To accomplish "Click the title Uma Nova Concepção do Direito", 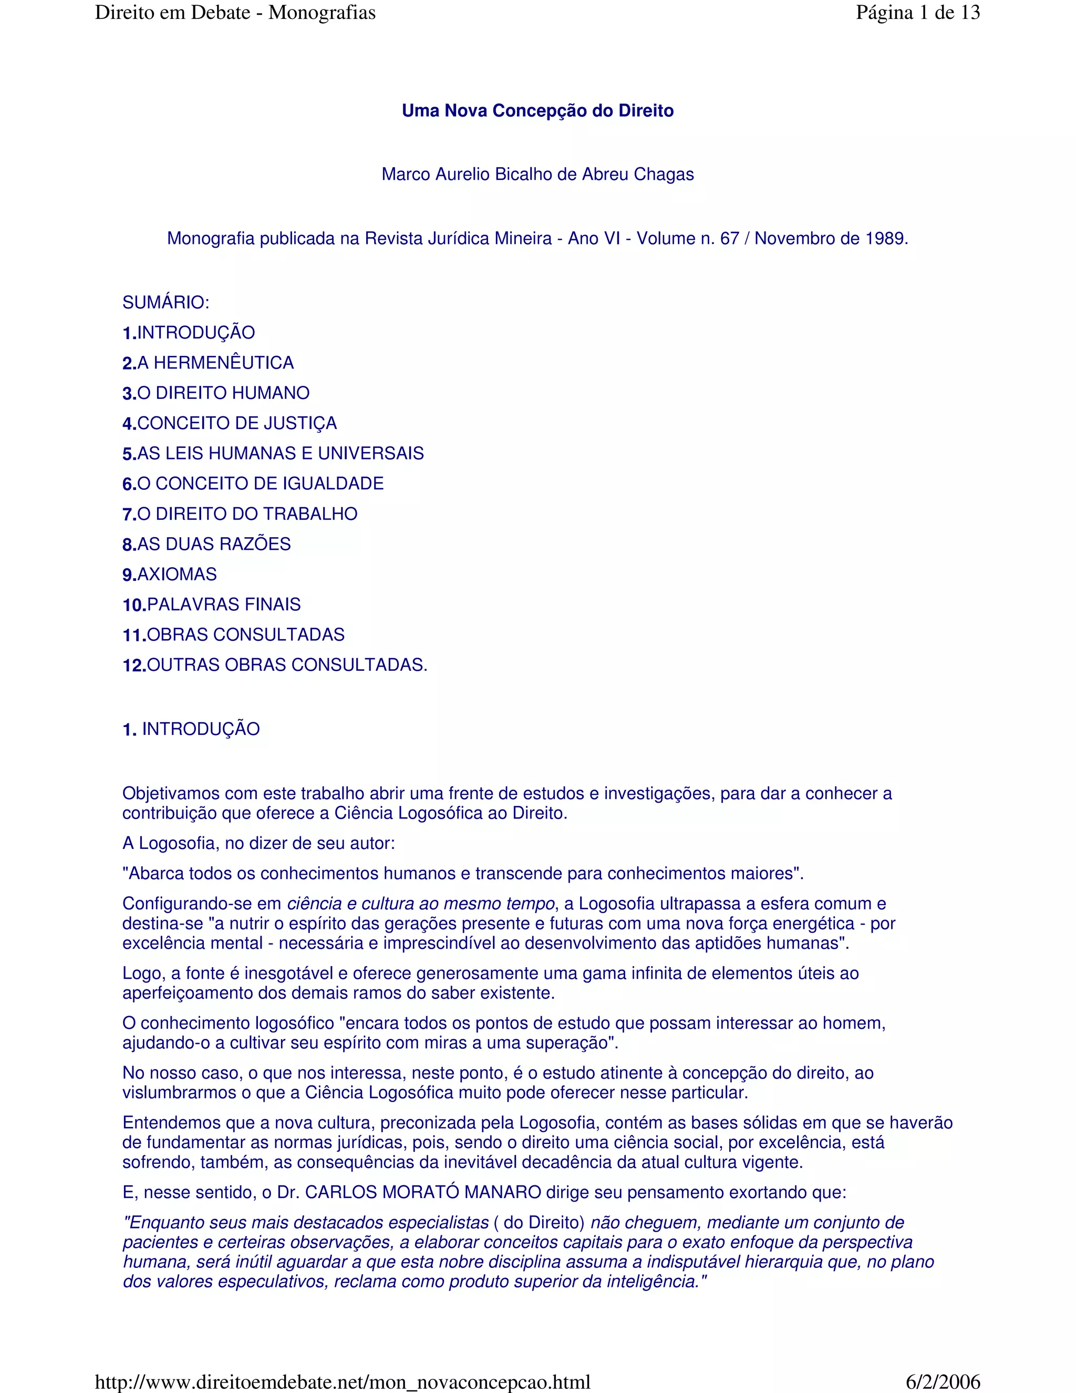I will [537, 111].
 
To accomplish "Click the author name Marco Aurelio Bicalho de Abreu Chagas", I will [537, 174].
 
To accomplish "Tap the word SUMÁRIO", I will [165, 302].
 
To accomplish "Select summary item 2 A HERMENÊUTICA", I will [208, 363].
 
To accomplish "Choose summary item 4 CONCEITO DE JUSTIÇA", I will [230, 424].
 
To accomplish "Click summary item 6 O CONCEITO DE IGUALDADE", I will [253, 484].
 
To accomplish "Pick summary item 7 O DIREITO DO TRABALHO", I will [240, 514].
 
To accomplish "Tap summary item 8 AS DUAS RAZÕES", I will [206, 544].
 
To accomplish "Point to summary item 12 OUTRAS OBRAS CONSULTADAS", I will [275, 665].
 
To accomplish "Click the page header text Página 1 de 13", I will [917, 13].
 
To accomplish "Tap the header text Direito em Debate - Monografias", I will [235, 13].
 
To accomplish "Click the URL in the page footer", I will [343, 1381].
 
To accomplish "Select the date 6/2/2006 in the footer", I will [942, 1381].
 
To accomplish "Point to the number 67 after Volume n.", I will [729, 239].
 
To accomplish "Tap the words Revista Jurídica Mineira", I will [458, 239].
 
